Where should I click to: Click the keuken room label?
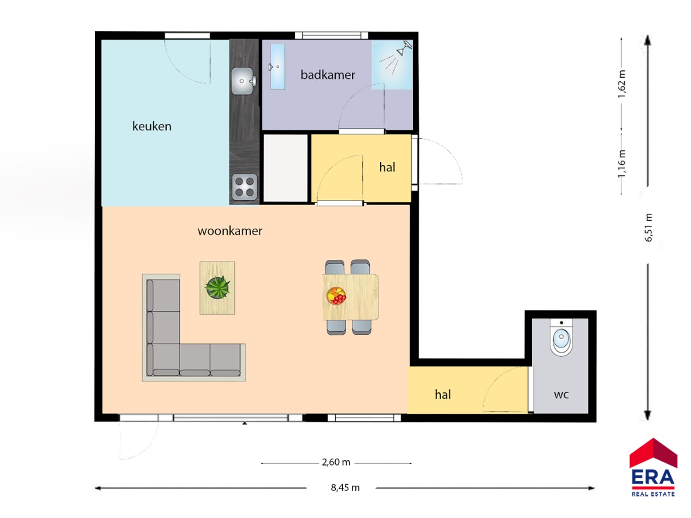(x=152, y=126)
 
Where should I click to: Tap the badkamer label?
(x=328, y=75)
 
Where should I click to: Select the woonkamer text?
(x=230, y=231)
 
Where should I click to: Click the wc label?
(x=561, y=395)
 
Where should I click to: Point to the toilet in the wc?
(x=561, y=337)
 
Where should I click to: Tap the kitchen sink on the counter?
(x=244, y=81)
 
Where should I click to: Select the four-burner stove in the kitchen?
(x=245, y=187)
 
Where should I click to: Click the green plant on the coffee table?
(x=217, y=287)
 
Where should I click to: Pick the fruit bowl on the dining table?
(x=336, y=296)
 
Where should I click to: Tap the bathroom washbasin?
(x=278, y=67)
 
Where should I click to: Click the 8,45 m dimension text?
(x=345, y=488)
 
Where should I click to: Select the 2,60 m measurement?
(x=336, y=462)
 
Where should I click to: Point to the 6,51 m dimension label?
(x=649, y=228)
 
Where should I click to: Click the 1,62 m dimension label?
(x=622, y=84)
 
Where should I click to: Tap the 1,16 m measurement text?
(x=622, y=164)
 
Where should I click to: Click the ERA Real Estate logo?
(x=653, y=468)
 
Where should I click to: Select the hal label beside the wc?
(x=443, y=395)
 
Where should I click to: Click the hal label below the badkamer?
(x=387, y=167)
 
